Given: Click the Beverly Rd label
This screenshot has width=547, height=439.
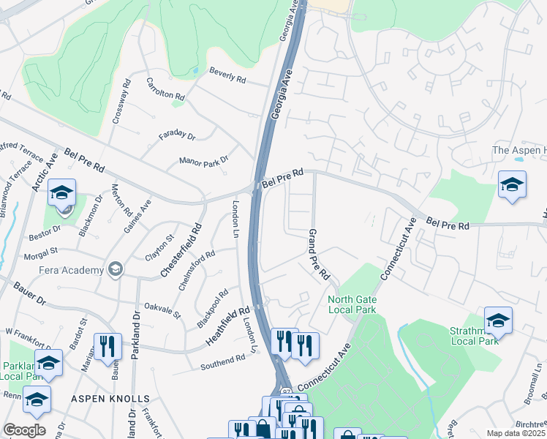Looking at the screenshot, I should pos(227,75).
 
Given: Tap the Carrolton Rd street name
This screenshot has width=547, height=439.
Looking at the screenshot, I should pos(166,89).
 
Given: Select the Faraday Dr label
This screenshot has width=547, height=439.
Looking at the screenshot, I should pos(178,137).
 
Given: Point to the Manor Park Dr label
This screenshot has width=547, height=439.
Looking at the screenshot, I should pos(204,160).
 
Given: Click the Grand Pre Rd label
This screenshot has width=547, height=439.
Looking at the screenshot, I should pos(319,258).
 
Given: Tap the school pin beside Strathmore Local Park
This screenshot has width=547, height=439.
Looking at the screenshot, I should pos(498,320).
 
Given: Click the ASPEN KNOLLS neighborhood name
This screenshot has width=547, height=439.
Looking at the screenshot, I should pos(110,399).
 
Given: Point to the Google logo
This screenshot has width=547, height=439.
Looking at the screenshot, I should pos(24,429).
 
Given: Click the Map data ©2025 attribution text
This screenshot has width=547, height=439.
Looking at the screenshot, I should pos(515,433).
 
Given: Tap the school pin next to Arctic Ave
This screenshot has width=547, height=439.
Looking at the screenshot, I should pos(62,193).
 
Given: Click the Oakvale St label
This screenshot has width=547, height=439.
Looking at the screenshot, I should pos(162,309).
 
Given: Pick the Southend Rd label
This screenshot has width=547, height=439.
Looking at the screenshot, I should pos(223,360).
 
